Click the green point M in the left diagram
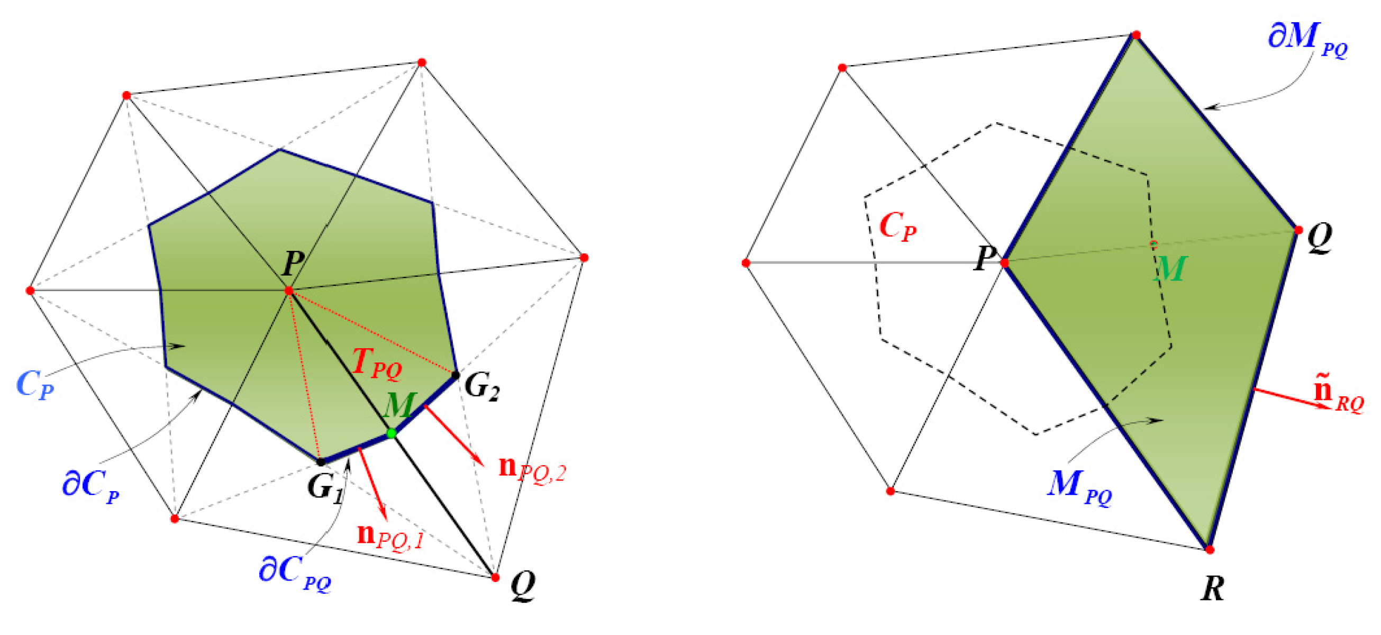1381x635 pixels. pyautogui.click(x=392, y=433)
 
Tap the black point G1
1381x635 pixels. pyautogui.click(x=321, y=461)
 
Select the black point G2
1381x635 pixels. pyautogui.click(x=455, y=375)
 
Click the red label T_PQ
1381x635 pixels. pyautogui.click(x=377, y=364)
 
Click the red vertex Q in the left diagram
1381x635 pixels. pyautogui.click(x=495, y=577)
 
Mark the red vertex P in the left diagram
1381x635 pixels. pyautogui.click(x=289, y=291)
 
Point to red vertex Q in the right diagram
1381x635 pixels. pyautogui.click(x=1298, y=230)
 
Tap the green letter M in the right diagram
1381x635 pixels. pyautogui.click(x=1170, y=269)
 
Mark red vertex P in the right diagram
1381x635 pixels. pyautogui.click(x=1005, y=263)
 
